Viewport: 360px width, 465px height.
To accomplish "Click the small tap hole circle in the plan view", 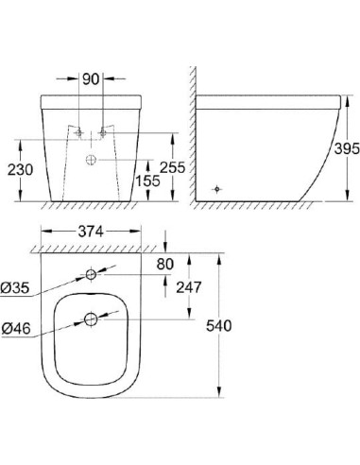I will coord(91,275).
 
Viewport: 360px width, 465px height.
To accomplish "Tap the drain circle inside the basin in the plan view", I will coord(91,319).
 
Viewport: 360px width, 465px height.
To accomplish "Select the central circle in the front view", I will coord(91,159).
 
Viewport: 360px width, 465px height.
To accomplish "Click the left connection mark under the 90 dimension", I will coord(78,132).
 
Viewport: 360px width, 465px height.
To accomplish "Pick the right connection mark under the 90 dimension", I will coord(103,132).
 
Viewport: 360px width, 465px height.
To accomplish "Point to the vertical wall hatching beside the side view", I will coord(192,132).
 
